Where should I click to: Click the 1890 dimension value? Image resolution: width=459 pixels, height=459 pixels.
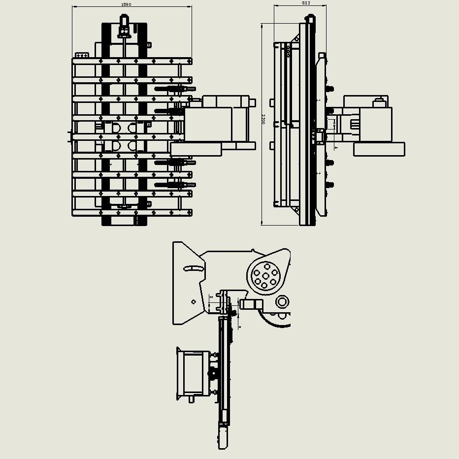pyautogui.click(x=126, y=4)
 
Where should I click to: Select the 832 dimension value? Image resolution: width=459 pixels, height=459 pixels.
pyautogui.click(x=306, y=3)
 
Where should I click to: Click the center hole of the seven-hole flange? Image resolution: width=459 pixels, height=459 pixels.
pyautogui.click(x=265, y=276)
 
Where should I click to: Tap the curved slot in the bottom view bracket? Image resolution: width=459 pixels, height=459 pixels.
pyautogui.click(x=193, y=268)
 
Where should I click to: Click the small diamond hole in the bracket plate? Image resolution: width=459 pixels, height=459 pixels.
pyautogui.click(x=194, y=302)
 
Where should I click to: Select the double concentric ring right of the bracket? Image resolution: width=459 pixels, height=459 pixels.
pyautogui.click(x=282, y=301)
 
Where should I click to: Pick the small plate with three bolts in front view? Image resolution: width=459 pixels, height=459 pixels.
pyautogui.click(x=82, y=55)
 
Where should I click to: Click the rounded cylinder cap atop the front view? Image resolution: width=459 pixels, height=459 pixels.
pyautogui.click(x=124, y=22)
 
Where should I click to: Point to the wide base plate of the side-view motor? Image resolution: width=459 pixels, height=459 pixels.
pyautogui.click(x=379, y=149)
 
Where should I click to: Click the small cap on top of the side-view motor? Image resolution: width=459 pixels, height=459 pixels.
pyautogui.click(x=379, y=102)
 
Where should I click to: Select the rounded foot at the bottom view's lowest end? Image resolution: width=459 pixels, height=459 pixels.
pyautogui.click(x=223, y=438)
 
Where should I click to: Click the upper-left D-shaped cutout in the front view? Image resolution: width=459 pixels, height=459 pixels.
pyautogui.click(x=116, y=128)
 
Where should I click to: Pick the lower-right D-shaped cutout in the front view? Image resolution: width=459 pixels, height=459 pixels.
pyautogui.click(x=132, y=146)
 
